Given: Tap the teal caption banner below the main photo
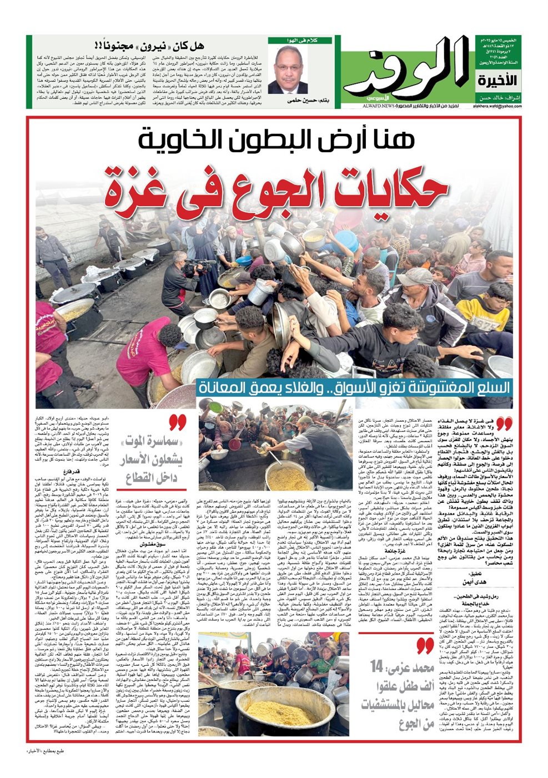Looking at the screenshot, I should coord(354,387).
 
